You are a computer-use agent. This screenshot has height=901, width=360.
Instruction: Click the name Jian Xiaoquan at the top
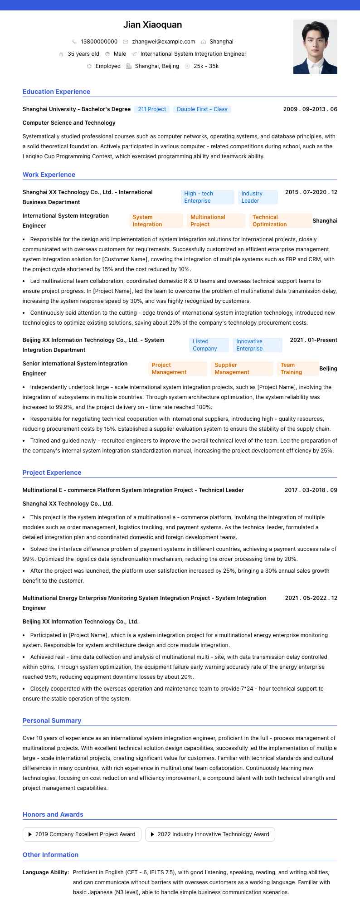(152, 24)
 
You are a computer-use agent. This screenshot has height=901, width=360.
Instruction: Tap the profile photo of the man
(315, 47)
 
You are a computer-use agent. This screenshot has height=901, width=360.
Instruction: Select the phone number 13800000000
(99, 42)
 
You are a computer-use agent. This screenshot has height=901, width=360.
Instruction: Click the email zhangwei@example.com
(163, 42)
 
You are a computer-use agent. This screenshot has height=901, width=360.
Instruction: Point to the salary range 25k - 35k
(206, 66)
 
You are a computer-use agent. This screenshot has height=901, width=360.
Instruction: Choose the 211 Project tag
(152, 109)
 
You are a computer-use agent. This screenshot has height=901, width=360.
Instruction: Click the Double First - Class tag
(202, 109)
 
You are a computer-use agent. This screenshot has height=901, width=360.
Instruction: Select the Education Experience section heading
(56, 92)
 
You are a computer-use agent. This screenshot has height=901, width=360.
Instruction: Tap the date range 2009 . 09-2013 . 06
(310, 109)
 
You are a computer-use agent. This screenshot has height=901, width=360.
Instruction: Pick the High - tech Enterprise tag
(207, 197)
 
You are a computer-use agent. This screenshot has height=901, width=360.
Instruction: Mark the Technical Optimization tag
(280, 221)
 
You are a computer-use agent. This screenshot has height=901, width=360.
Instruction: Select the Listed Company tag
(209, 345)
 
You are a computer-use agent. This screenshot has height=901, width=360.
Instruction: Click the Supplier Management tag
(242, 369)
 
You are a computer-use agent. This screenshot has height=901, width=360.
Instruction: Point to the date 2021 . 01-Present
(313, 340)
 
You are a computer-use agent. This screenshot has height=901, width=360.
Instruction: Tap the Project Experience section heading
(52, 472)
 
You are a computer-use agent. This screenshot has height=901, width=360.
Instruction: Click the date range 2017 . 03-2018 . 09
(311, 490)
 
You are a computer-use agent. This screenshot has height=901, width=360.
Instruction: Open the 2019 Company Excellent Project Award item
(82, 834)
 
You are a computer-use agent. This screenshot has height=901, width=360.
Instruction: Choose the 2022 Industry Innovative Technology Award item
(210, 834)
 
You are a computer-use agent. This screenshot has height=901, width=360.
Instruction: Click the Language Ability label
(46, 872)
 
